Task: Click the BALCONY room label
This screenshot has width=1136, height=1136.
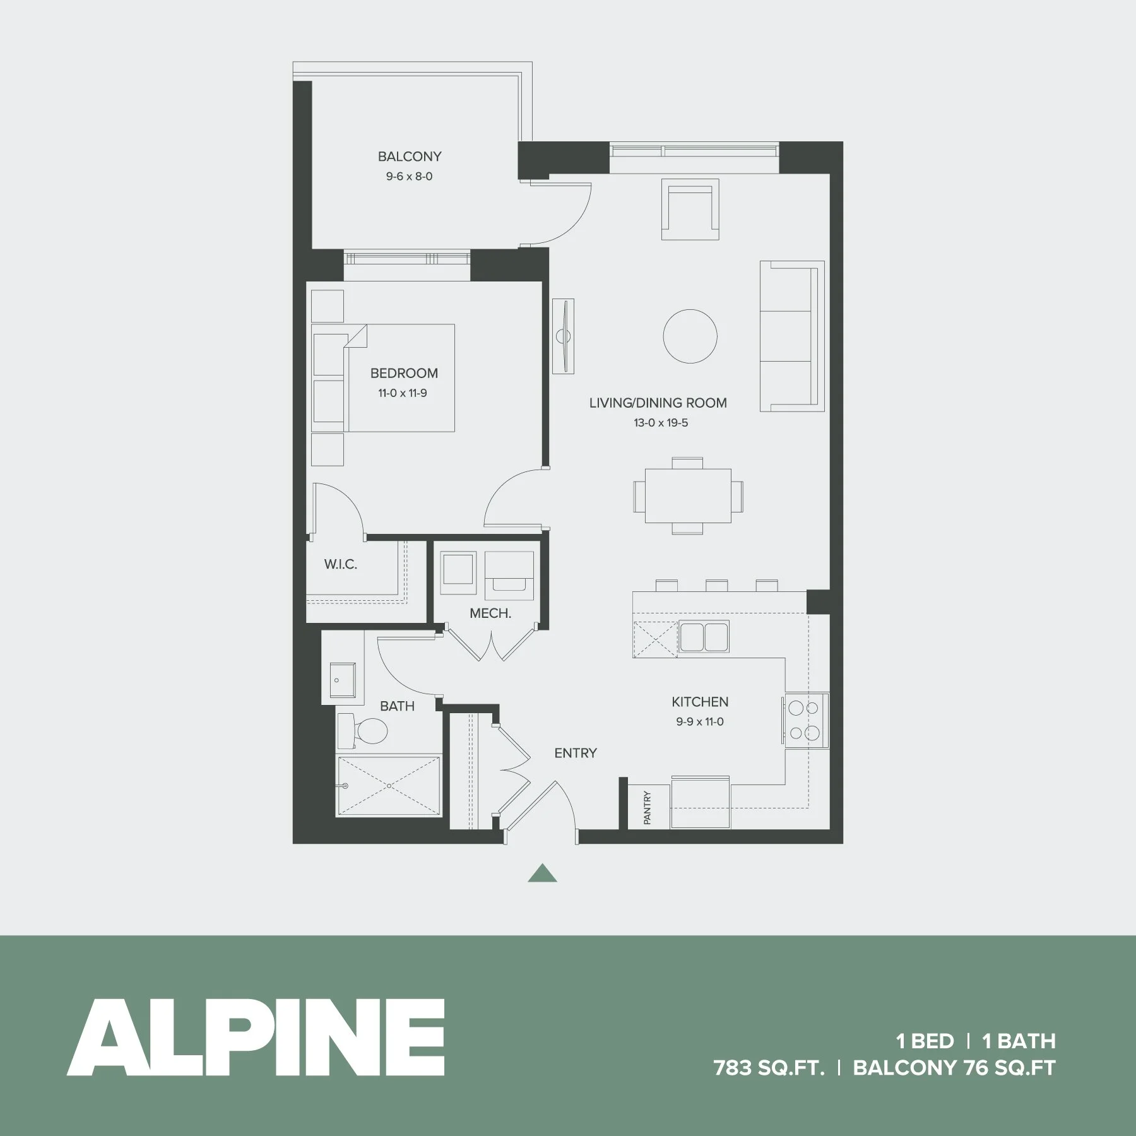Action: point(410,156)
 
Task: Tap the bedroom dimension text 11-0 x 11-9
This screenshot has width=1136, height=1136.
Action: point(403,393)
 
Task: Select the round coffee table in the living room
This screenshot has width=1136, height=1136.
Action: point(690,336)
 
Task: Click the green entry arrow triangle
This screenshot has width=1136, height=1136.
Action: point(542,873)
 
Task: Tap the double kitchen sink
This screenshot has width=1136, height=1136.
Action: point(704,636)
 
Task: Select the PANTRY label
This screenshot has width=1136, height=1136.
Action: point(647,808)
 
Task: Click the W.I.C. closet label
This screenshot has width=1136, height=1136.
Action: point(341,564)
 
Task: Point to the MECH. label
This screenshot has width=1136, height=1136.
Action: point(490,613)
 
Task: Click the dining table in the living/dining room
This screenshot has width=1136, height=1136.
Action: point(688,495)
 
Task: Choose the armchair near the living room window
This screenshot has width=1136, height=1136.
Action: point(690,210)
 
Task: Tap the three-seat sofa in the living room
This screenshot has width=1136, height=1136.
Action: point(791,336)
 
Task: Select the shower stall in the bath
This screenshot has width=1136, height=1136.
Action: point(389,786)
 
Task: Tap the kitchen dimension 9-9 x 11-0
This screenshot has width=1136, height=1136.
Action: point(700,721)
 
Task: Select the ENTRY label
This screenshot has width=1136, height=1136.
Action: point(576,752)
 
